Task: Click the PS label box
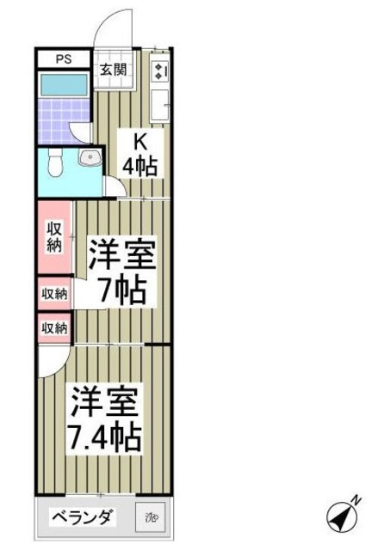click(63, 59)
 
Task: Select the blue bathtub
click(64, 86)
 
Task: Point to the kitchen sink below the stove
click(160, 107)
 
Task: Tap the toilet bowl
click(55, 161)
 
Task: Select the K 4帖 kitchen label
click(139, 156)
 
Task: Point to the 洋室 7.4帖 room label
click(106, 420)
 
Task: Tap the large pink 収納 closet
click(53, 237)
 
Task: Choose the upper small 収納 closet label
click(54, 294)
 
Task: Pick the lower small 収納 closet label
click(54, 327)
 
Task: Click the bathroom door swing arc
click(83, 131)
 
